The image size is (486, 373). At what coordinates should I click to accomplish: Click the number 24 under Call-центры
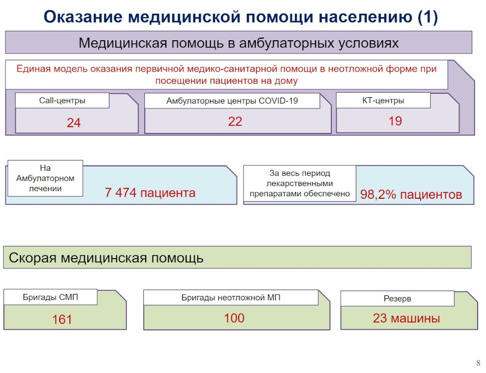[x=74, y=123]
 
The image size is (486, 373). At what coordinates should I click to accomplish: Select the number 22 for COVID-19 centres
[x=235, y=121]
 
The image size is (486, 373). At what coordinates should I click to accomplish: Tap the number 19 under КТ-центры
[x=395, y=121]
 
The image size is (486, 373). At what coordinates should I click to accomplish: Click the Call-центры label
[x=62, y=101]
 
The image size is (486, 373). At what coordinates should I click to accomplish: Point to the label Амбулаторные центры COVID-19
[x=232, y=101]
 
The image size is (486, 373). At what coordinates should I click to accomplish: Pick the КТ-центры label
[x=383, y=101]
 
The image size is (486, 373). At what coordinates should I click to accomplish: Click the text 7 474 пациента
[x=150, y=193]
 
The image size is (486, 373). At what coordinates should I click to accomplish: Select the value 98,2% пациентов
[x=411, y=194]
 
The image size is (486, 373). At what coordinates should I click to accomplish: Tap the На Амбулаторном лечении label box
[x=45, y=178]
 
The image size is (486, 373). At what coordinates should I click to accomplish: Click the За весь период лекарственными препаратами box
[x=300, y=184]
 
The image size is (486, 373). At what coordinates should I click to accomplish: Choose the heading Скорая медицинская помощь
[x=106, y=258]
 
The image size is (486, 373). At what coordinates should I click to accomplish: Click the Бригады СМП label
[x=50, y=297]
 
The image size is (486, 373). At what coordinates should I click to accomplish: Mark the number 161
[x=62, y=320]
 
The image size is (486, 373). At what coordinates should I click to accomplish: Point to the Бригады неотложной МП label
[x=231, y=298]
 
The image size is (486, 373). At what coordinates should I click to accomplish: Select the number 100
[x=234, y=318]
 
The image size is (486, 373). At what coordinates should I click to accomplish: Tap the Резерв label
[x=397, y=299]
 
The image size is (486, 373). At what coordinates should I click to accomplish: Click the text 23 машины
[x=406, y=318]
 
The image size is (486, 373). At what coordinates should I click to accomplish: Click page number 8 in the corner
[x=478, y=363]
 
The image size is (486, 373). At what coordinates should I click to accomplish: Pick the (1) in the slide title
[x=428, y=17]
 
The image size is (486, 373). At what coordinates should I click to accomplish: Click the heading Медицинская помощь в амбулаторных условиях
[x=239, y=43]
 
